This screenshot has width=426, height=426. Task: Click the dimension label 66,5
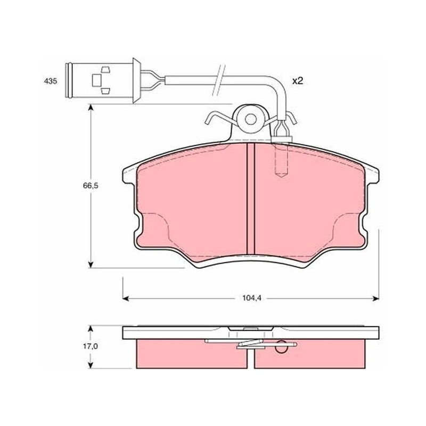[91, 186]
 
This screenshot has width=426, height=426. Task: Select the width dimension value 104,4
[251, 298]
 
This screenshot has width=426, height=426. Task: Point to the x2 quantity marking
[298, 81]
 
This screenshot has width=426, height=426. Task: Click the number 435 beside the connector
[51, 81]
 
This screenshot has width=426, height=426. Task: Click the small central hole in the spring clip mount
[250, 119]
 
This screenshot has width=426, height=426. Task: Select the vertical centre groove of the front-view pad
[250, 199]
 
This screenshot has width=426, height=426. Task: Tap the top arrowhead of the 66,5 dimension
[91, 108]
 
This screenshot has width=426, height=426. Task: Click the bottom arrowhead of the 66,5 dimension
[91, 264]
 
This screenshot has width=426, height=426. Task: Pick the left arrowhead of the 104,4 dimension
[126, 299]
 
